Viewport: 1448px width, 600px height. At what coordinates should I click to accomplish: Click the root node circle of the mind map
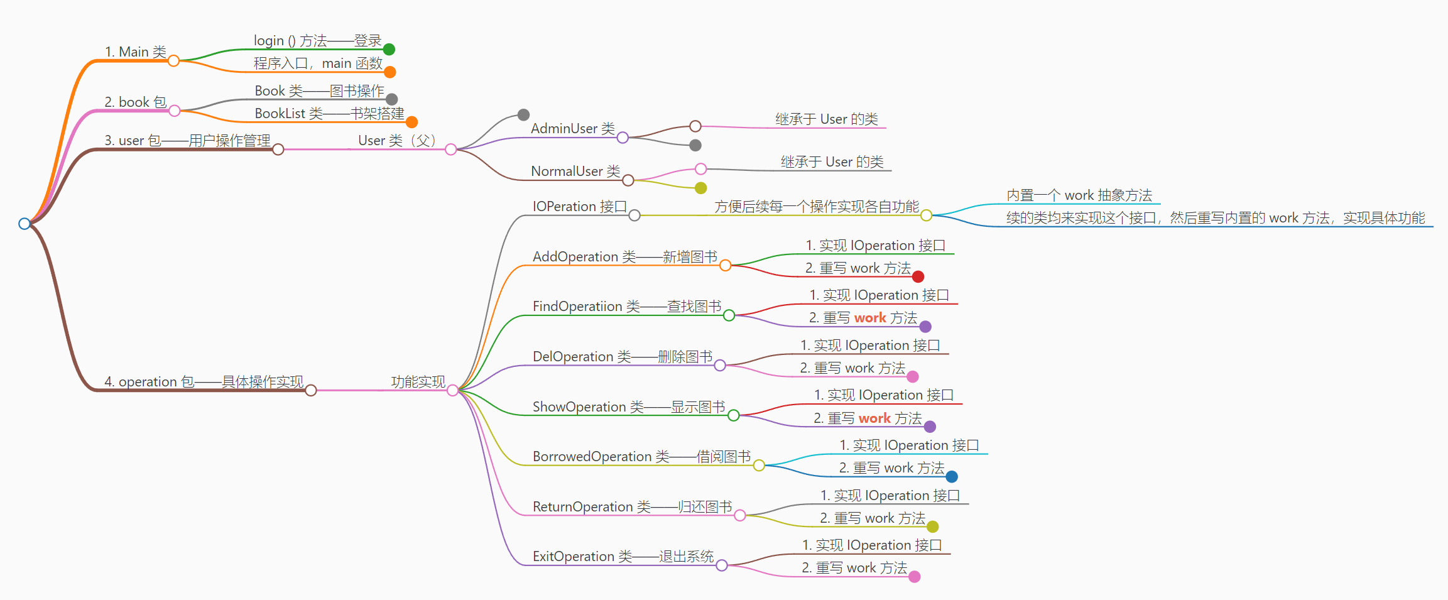tap(24, 224)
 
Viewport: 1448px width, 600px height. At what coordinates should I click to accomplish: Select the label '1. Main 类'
tap(135, 52)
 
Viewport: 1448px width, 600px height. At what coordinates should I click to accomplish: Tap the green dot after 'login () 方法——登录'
tap(389, 49)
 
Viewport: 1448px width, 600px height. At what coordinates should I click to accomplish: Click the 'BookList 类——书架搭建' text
tap(329, 113)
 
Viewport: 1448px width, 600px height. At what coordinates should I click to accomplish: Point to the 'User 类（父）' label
tap(396, 140)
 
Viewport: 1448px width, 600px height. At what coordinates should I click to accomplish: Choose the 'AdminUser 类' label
tap(572, 128)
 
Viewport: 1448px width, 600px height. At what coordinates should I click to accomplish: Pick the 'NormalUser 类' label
tap(575, 171)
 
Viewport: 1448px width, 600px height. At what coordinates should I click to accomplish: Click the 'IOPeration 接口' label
tap(579, 206)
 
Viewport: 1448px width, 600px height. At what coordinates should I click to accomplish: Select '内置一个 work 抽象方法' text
tap(1079, 195)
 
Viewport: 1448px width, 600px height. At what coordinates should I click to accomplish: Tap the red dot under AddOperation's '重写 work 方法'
tap(918, 276)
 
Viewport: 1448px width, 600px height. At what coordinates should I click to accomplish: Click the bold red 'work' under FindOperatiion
tap(870, 318)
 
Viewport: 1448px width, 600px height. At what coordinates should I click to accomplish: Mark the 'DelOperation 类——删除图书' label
tap(622, 356)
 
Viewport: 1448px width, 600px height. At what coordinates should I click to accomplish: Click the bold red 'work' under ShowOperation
tap(874, 418)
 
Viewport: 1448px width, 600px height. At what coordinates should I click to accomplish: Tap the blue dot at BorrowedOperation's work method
tap(952, 477)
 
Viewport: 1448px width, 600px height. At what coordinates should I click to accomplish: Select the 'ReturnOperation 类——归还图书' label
tap(632, 506)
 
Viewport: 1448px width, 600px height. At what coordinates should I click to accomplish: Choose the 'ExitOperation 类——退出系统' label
tap(623, 556)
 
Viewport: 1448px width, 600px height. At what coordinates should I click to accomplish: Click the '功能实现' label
tap(418, 381)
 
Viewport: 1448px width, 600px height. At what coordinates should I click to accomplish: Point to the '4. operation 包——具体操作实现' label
tap(204, 381)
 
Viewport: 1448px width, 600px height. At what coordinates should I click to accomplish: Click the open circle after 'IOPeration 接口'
tap(634, 215)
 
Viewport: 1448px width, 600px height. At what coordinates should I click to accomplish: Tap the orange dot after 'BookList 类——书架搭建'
tap(411, 122)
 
